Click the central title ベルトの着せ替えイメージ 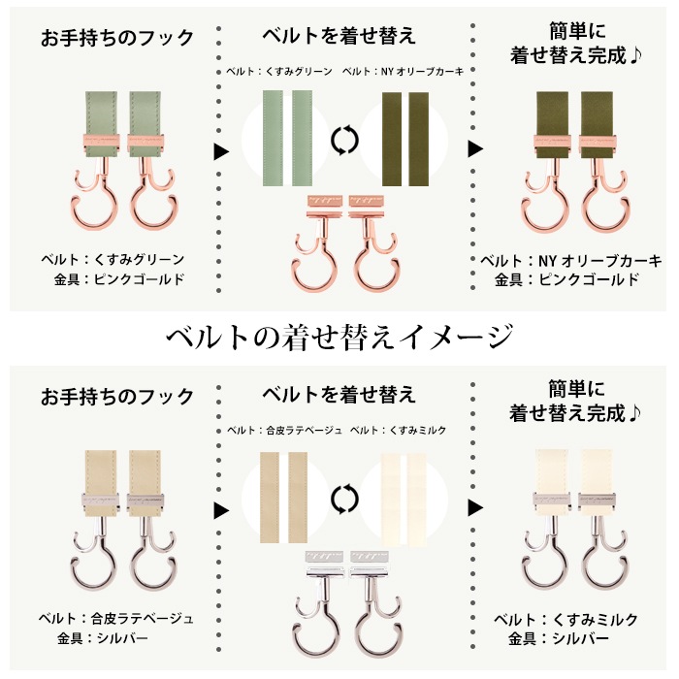(339, 337)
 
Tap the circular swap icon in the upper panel (344, 141)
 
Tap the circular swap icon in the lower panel (344, 500)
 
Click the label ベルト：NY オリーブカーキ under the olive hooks (571, 261)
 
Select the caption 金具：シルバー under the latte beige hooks (103, 638)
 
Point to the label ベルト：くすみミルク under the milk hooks (566, 619)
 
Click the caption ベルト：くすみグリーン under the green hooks (113, 259)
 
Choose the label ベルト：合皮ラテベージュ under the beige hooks (115, 619)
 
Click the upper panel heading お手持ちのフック (117, 38)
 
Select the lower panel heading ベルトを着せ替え (339, 394)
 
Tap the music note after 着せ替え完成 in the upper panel (634, 56)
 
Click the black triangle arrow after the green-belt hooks (221, 151)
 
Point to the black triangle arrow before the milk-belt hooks (475, 507)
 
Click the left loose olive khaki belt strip (392, 139)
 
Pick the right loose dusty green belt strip (303, 138)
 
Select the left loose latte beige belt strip (270, 498)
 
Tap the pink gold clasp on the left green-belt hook (101, 144)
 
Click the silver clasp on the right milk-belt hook (597, 501)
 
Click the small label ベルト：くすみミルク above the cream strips (398, 430)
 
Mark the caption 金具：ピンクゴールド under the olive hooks (567, 279)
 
